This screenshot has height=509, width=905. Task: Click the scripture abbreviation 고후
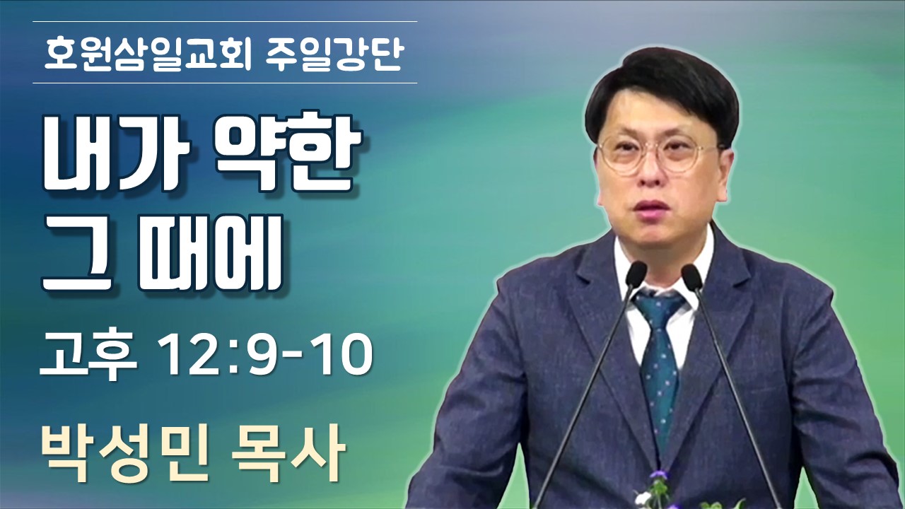click(88, 356)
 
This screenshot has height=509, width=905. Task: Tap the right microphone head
click(692, 277)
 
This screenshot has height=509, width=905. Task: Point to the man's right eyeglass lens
click(624, 155)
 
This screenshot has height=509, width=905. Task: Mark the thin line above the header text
click(225, 21)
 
